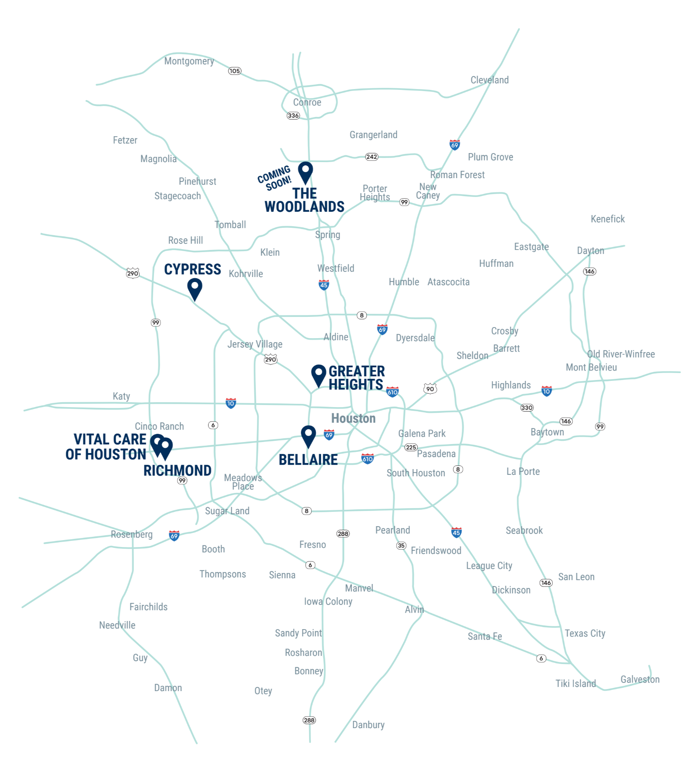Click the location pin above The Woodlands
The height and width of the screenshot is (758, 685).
(305, 171)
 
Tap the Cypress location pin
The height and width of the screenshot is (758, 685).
(195, 288)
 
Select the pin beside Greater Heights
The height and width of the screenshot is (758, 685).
(318, 374)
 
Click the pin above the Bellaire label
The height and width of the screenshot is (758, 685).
(308, 435)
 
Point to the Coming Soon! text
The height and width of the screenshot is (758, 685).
(275, 178)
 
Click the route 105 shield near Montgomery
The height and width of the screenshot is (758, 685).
(234, 71)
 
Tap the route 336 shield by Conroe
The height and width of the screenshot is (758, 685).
(293, 116)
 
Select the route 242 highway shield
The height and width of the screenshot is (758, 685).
(372, 157)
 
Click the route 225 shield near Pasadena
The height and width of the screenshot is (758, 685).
(411, 447)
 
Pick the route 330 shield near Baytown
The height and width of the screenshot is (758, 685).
(527, 408)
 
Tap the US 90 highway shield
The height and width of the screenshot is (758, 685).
(430, 388)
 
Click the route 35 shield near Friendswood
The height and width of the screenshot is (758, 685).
(401, 545)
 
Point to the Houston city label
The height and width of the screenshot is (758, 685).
(353, 418)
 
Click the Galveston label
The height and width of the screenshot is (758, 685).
(640, 680)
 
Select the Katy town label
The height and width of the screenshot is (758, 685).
(121, 396)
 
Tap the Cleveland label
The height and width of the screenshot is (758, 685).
(490, 80)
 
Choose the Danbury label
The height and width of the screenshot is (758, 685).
(368, 725)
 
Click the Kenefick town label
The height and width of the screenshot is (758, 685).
(607, 219)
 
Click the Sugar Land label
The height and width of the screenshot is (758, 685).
(227, 511)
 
